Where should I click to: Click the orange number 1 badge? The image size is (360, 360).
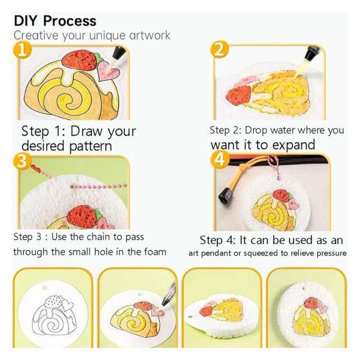tap(22, 49)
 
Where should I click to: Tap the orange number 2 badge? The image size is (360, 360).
tap(219, 49)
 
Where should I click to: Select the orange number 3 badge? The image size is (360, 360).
tap(22, 161)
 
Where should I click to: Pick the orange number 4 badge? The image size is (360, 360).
tap(220, 160)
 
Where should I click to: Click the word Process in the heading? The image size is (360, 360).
tap(70, 21)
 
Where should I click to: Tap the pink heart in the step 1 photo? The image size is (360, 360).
tap(108, 71)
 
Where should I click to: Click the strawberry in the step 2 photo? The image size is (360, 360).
tap(238, 95)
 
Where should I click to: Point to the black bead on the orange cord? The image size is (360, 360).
tap(226, 196)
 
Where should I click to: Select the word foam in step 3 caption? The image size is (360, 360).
tap(155, 252)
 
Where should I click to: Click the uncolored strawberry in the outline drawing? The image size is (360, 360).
tap(53, 301)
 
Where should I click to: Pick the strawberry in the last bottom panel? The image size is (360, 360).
tap(311, 303)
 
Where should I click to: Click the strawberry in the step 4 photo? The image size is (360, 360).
tap(282, 196)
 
